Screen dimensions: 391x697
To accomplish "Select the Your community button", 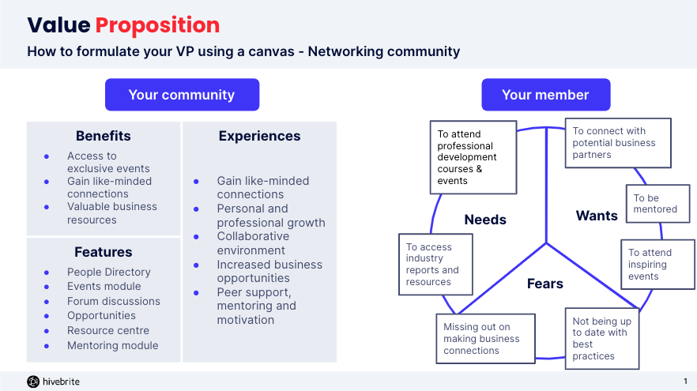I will (x=182, y=95).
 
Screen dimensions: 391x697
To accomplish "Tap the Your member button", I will (x=545, y=95).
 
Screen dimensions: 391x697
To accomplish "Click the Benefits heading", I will (x=104, y=136).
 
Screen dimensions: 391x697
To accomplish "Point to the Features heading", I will (x=104, y=252).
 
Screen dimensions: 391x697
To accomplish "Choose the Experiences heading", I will (x=259, y=136).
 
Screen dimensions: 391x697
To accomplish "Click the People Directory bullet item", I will (x=108, y=272).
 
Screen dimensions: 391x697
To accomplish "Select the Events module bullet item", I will (x=104, y=286).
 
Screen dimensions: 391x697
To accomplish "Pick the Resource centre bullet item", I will (x=107, y=330).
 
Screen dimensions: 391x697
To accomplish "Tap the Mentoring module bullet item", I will (x=112, y=345).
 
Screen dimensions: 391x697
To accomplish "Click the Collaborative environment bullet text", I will (x=253, y=243).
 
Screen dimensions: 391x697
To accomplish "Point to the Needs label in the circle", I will (x=485, y=220).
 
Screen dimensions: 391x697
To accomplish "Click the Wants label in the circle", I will (x=597, y=216).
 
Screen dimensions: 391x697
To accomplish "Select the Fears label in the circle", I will (x=545, y=284).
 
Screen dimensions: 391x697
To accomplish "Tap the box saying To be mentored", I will (x=655, y=204).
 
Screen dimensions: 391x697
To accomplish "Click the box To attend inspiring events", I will (x=646, y=265).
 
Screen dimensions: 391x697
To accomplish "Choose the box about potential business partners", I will (x=618, y=143).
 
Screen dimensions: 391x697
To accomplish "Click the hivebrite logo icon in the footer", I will (x=33, y=382).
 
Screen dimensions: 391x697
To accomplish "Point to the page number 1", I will (x=684, y=382).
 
